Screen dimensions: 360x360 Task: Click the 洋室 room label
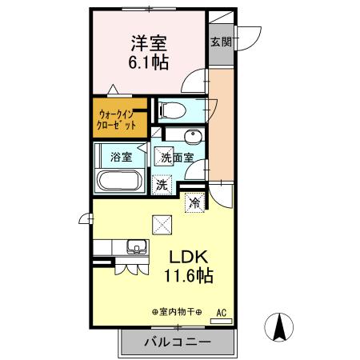pos(147,40)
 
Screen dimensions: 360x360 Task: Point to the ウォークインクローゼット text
pos(118,120)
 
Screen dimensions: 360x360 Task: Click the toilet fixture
pos(171,110)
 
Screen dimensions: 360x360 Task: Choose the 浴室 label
pos(122,158)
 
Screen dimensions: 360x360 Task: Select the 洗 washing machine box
pos(162,183)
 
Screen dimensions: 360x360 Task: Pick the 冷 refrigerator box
pos(194,202)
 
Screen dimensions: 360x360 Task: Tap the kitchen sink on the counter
pos(133,247)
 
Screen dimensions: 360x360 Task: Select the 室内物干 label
pos(176,312)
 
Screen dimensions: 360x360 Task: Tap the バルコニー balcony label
pos(177,342)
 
